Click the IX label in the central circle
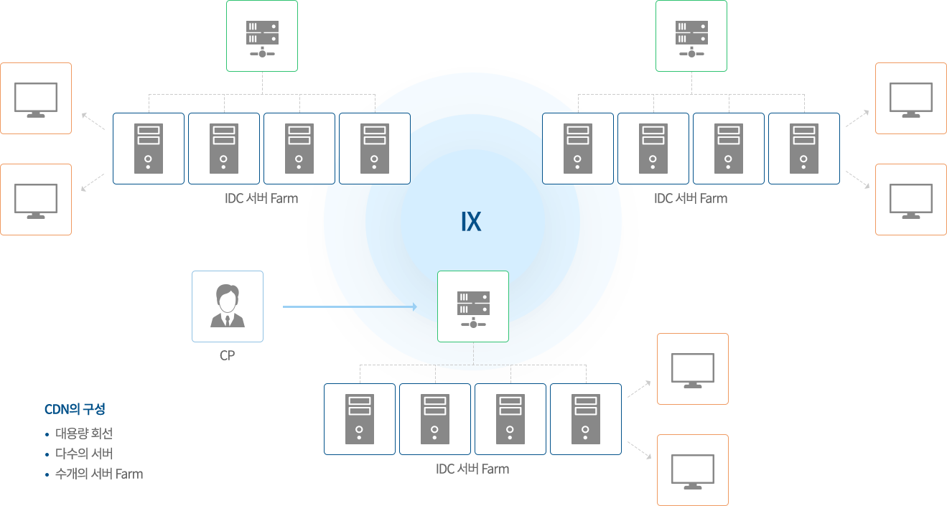(x=471, y=222)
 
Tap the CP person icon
(x=228, y=306)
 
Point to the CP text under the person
(x=228, y=355)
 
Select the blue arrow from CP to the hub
(x=349, y=306)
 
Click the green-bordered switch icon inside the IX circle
(x=473, y=306)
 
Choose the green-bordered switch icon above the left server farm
(x=262, y=36)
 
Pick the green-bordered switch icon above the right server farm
(x=691, y=36)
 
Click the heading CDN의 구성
(x=75, y=410)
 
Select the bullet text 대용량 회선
(x=84, y=434)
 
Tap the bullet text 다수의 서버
(x=84, y=454)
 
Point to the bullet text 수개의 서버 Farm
(x=99, y=474)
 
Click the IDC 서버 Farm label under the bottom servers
(x=472, y=469)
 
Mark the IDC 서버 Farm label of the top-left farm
(x=261, y=199)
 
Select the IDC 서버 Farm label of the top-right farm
(x=691, y=199)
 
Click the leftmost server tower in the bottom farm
(x=360, y=419)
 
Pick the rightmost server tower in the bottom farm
(x=586, y=419)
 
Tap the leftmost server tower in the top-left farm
(x=149, y=149)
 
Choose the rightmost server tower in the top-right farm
(x=804, y=149)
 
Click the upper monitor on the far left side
(x=36, y=98)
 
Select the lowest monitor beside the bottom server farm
(x=693, y=470)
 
